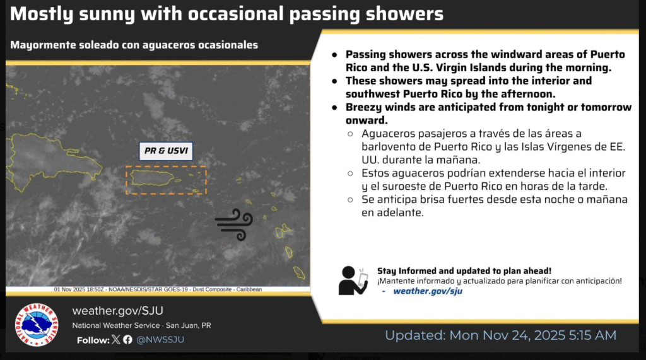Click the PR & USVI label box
pos(166,151)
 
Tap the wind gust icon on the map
pos(233,224)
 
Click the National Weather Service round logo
pos(37,325)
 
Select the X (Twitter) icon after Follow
pos(116,339)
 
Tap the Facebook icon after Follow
pos(127,339)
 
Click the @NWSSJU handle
pos(160,340)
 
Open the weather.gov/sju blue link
pos(428,291)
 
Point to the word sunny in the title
pos(106,15)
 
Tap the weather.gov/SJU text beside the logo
pos(118,311)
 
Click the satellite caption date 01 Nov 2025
pos(70,289)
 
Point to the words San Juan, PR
pos(188,325)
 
